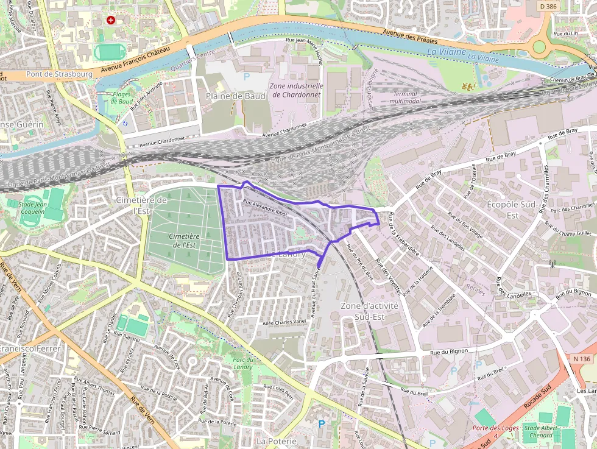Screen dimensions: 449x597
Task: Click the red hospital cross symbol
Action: coord(110,20)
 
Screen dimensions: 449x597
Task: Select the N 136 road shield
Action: coord(582,359)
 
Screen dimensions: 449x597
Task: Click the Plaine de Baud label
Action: coord(235,96)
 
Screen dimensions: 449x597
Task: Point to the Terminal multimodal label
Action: coord(405,97)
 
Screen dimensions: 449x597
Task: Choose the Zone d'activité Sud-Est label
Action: coord(369,311)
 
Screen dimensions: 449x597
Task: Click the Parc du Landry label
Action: coord(242,362)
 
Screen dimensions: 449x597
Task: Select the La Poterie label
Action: coord(277,440)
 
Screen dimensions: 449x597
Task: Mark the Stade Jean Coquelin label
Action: coord(30,208)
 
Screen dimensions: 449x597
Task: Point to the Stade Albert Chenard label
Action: coord(540,431)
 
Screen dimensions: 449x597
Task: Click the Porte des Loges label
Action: coord(496,428)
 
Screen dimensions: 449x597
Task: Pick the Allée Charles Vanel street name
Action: coord(283,322)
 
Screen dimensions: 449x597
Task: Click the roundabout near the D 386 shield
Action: coord(539,46)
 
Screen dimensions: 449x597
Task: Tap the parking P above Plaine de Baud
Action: coord(247,77)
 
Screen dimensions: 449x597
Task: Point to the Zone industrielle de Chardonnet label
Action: coord(297,90)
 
